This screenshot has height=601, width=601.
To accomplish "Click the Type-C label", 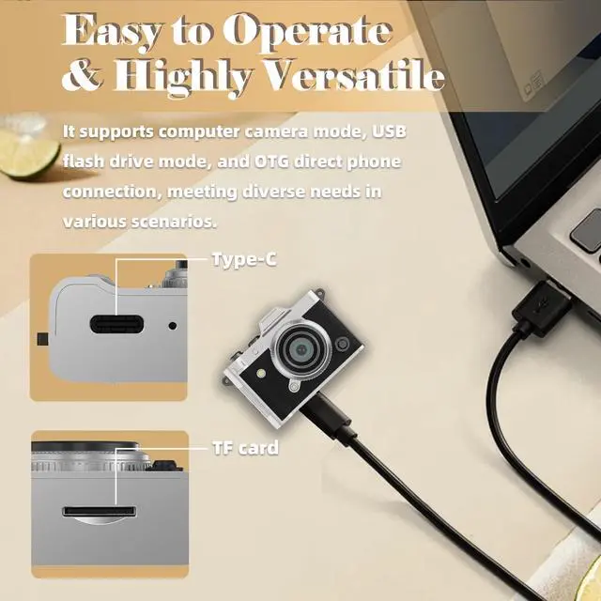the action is click(x=244, y=259).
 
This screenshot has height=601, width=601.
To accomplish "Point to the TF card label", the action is click(x=246, y=448).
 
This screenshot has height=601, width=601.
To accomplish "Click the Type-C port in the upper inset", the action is click(x=116, y=324).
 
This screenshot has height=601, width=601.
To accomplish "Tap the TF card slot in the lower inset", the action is click(x=100, y=511).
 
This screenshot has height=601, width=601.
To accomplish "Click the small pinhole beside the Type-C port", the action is click(x=173, y=326).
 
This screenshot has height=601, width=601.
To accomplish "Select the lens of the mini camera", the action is click(x=302, y=349).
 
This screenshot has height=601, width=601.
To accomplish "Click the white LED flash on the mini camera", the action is click(x=262, y=373).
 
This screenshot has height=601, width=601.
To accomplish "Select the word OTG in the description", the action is click(x=271, y=162).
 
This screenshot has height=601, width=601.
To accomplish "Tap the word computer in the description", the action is click(x=199, y=132).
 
